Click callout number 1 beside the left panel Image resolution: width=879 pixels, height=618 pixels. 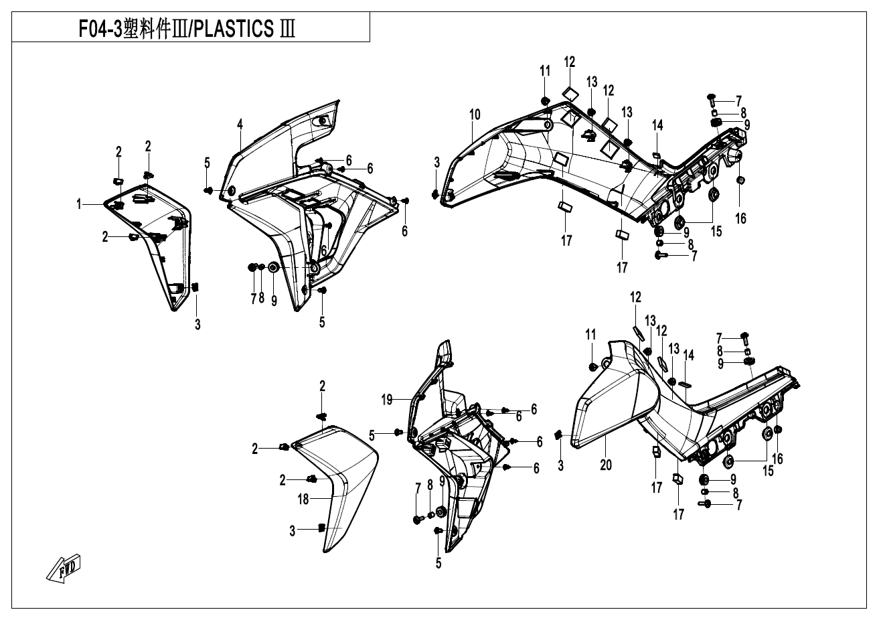click(x=78, y=205)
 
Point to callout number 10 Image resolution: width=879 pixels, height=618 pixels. click(x=475, y=114)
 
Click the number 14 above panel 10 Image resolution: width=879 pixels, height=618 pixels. click(x=657, y=125)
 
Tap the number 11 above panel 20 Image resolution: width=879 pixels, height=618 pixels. click(x=590, y=334)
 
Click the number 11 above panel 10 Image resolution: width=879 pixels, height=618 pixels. click(x=545, y=70)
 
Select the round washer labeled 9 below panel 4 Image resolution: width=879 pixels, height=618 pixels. click(x=274, y=268)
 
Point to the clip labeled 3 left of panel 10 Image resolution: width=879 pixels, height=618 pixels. click(x=436, y=194)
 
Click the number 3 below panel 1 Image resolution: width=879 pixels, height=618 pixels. click(x=197, y=325)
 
